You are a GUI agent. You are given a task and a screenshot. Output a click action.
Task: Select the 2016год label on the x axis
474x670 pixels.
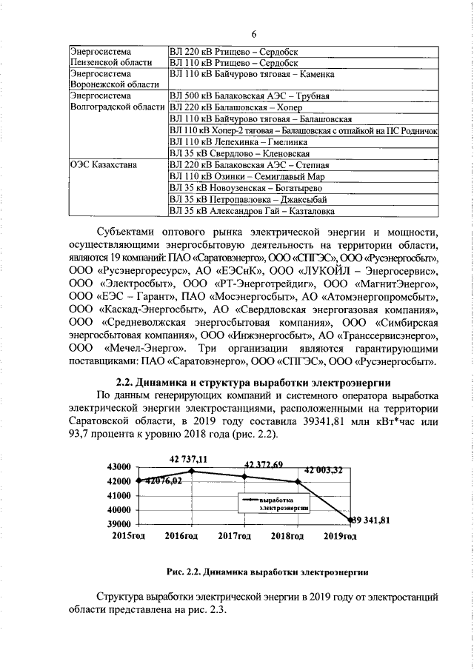click(181, 535)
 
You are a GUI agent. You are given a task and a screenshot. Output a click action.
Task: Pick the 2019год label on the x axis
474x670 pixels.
click(342, 535)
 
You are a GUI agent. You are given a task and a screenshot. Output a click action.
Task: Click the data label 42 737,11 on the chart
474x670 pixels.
click(189, 459)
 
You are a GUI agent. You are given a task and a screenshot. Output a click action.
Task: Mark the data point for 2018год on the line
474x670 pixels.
click(298, 482)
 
